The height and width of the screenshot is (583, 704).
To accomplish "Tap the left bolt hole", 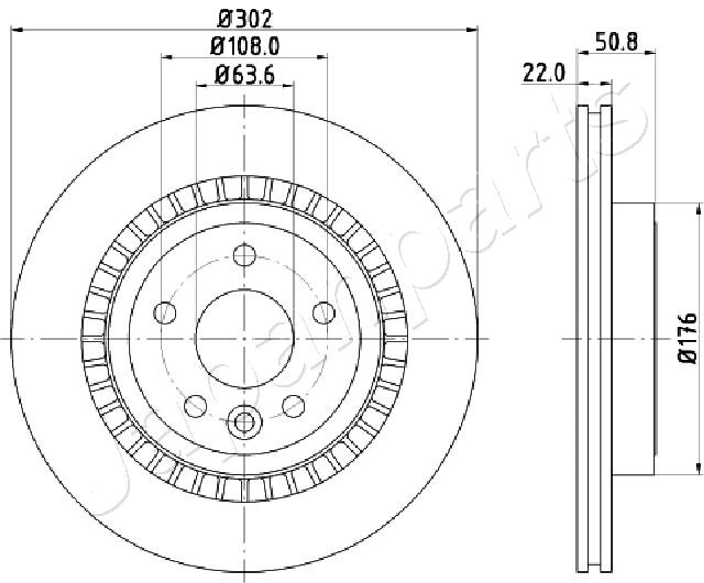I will pos(164,313).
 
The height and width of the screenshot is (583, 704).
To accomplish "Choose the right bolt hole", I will pos(324,313).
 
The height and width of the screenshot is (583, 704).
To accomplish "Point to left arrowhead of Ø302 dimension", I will pos(17,30).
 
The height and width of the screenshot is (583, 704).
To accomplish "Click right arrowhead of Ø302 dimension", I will pos(472,30).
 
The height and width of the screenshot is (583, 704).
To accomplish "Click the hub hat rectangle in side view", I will pos(633,339).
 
